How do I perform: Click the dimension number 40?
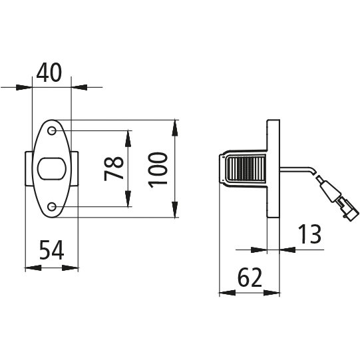click(49, 73)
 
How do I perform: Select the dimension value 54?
click(52, 250)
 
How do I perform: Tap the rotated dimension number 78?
click(114, 169)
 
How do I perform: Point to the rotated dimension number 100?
click(158, 170)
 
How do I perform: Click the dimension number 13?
click(309, 234)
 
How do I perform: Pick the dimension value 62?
click(250, 277)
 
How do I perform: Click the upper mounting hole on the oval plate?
click(52, 130)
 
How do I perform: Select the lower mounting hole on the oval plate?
click(52, 207)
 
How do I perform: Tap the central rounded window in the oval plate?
click(52, 169)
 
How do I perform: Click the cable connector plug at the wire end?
click(337, 199)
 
